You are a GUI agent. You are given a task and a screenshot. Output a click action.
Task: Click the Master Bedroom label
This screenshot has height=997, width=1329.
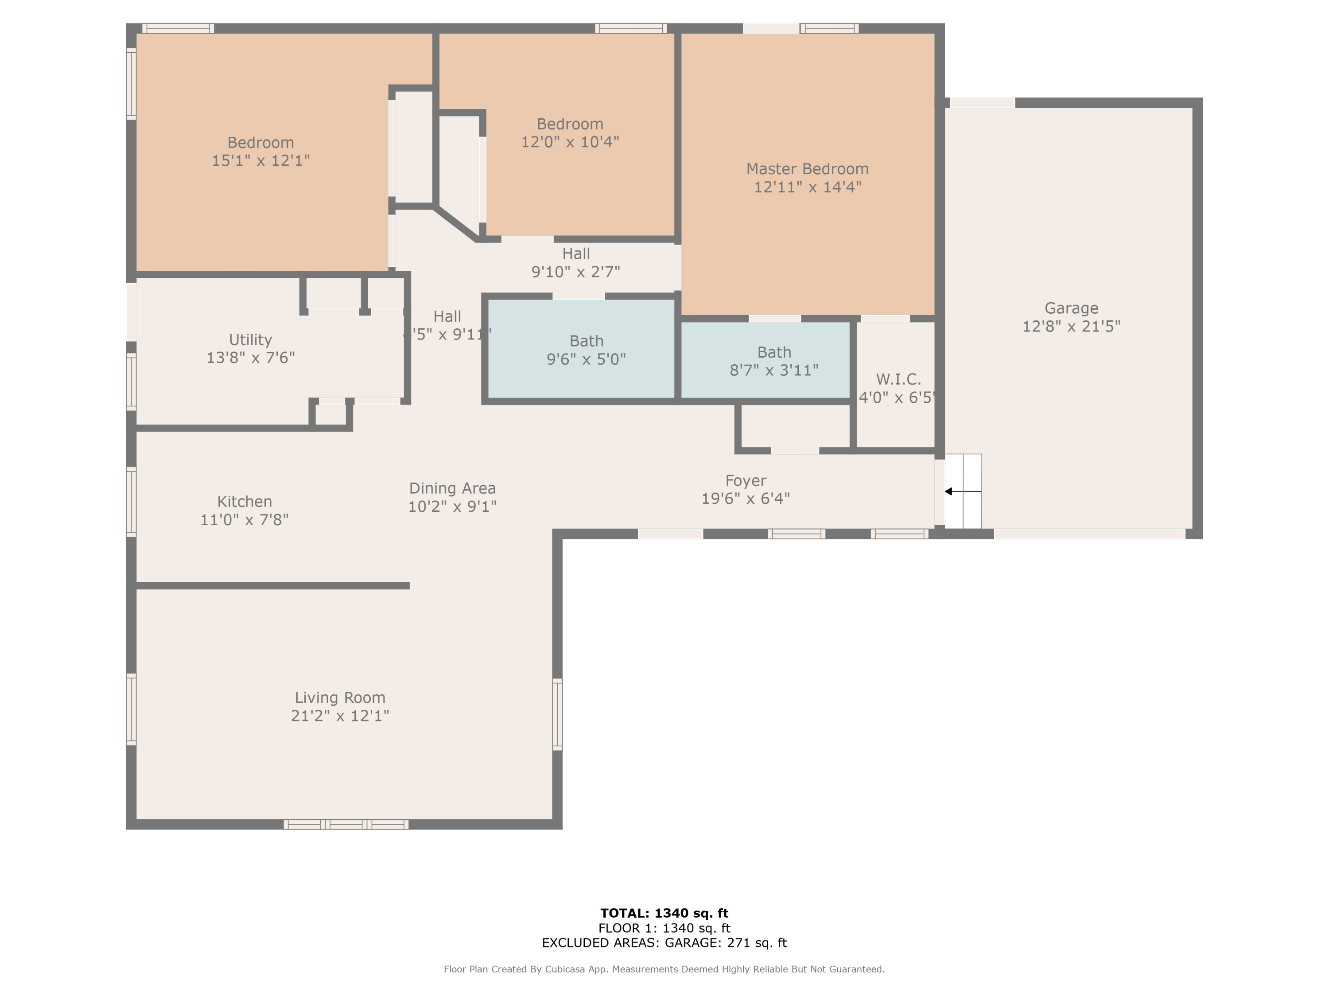click(808, 169)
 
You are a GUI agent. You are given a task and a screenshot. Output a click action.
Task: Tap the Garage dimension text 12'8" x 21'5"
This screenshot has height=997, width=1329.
click(1071, 326)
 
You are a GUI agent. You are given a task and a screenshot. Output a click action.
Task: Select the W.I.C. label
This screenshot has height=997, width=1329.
click(898, 379)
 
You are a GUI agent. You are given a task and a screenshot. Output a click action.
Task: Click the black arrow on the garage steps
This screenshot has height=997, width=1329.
click(949, 491)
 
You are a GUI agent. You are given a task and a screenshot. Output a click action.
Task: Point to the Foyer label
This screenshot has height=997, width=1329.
click(746, 481)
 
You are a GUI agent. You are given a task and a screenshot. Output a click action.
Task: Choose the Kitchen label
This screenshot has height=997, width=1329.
click(245, 501)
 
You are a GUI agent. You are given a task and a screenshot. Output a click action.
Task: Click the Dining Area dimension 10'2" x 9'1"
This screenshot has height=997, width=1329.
click(452, 506)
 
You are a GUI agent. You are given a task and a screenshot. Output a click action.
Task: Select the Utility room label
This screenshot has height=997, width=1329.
click(251, 339)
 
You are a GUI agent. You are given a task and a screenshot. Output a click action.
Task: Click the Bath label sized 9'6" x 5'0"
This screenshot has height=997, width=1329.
click(587, 341)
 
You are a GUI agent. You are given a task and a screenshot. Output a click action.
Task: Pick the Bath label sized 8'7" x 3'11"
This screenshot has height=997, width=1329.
click(774, 352)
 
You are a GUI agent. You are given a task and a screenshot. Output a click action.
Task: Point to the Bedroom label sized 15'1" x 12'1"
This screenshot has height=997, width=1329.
click(261, 142)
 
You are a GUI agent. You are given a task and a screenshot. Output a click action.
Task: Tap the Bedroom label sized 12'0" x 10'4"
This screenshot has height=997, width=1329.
click(570, 124)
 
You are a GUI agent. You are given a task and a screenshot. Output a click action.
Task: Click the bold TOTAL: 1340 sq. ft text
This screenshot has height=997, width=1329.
click(664, 913)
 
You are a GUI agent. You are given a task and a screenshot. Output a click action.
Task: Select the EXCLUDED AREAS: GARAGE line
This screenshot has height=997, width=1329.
click(664, 942)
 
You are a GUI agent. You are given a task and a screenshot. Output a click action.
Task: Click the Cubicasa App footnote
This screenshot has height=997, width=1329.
click(664, 969)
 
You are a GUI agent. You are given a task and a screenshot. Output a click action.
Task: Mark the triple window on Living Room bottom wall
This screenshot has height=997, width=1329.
click(346, 824)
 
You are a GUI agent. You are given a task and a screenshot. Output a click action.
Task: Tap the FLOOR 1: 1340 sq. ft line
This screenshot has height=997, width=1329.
click(664, 928)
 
